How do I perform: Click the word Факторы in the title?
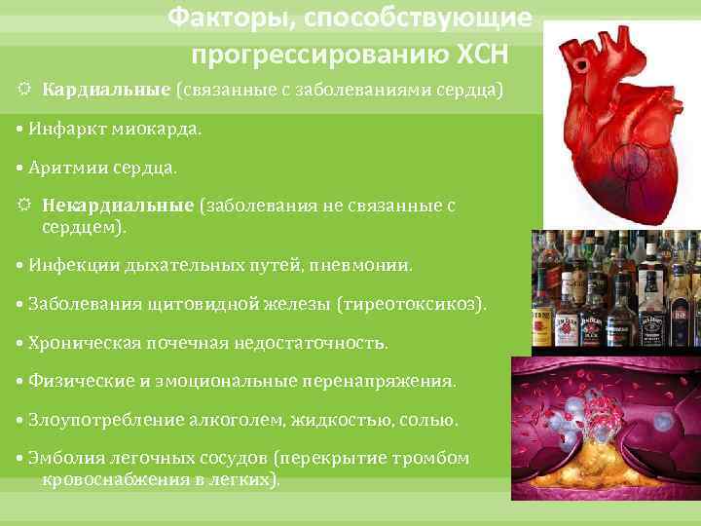tap(220, 18)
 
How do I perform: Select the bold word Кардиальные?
tap(106, 91)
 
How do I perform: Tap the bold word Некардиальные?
tap(118, 207)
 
